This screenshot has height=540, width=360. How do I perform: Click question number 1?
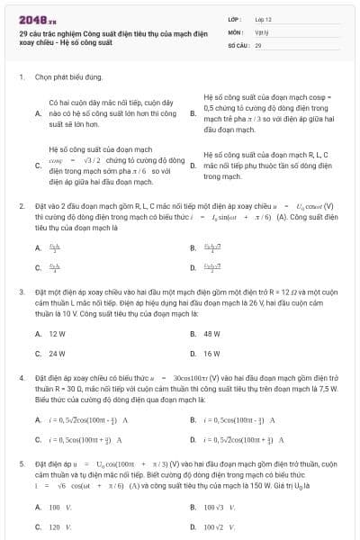tap(21, 77)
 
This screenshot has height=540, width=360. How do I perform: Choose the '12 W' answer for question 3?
tap(57, 333)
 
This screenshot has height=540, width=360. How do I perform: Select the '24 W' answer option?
tap(57, 354)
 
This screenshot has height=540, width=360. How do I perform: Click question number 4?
tap(21, 380)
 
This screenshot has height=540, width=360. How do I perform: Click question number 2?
tap(21, 207)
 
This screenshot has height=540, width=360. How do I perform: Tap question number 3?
tap(21, 292)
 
